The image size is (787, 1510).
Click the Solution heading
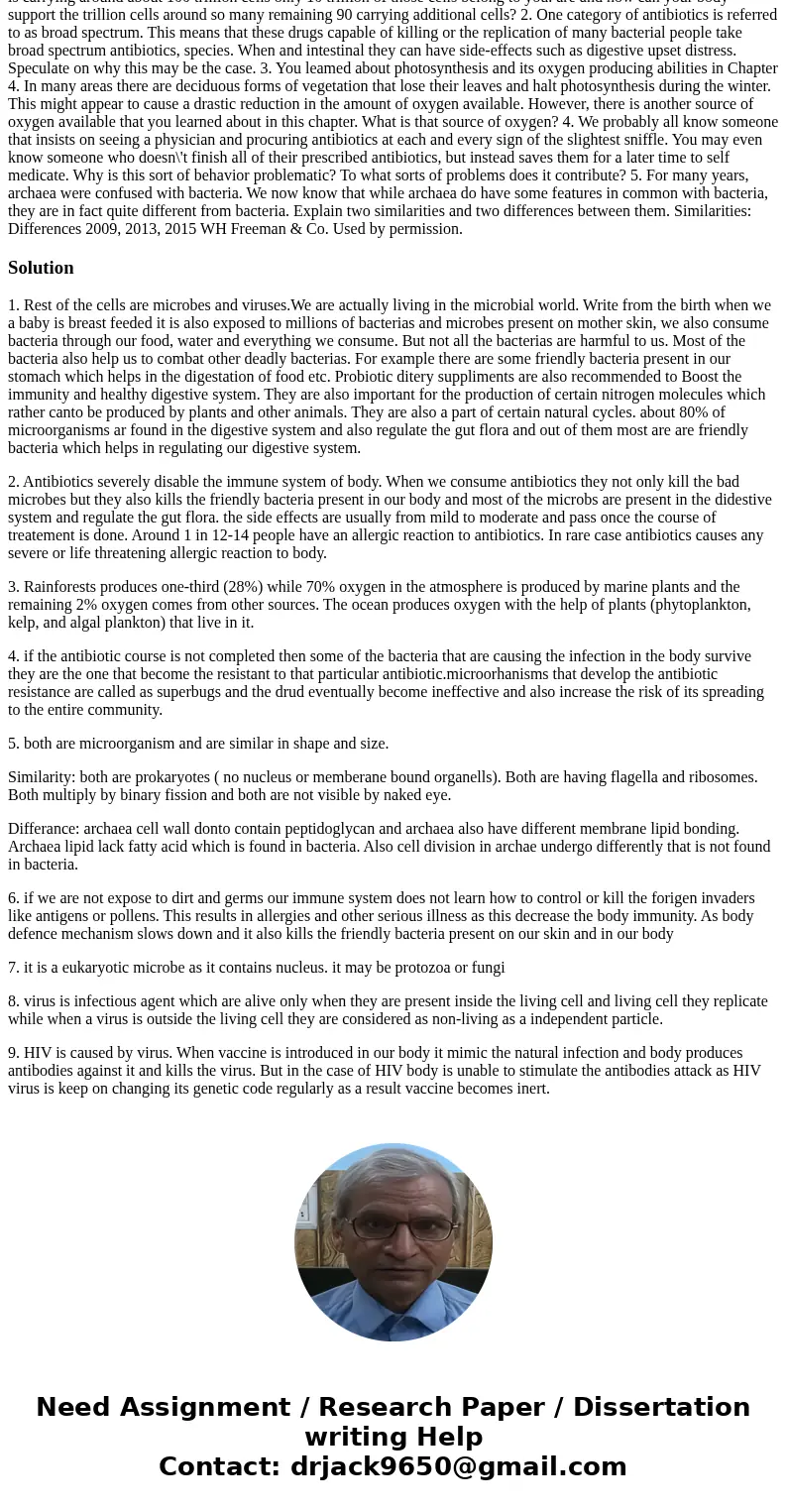click(41, 268)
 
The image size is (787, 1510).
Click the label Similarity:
click(41, 777)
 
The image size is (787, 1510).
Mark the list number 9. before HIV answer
click(14, 1053)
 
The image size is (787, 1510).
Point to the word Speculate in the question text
click(41, 68)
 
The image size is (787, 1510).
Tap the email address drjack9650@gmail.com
click(458, 1466)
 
